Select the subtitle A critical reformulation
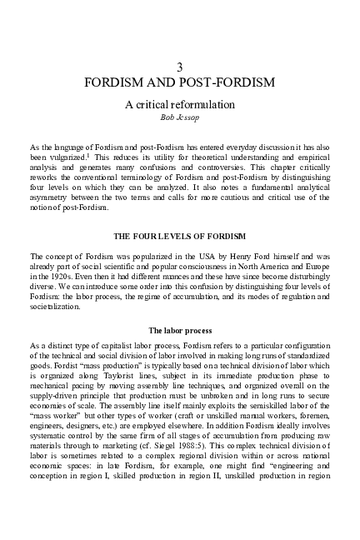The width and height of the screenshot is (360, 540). click(x=180, y=105)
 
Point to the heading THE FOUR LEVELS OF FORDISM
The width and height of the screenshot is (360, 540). click(x=179, y=236)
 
